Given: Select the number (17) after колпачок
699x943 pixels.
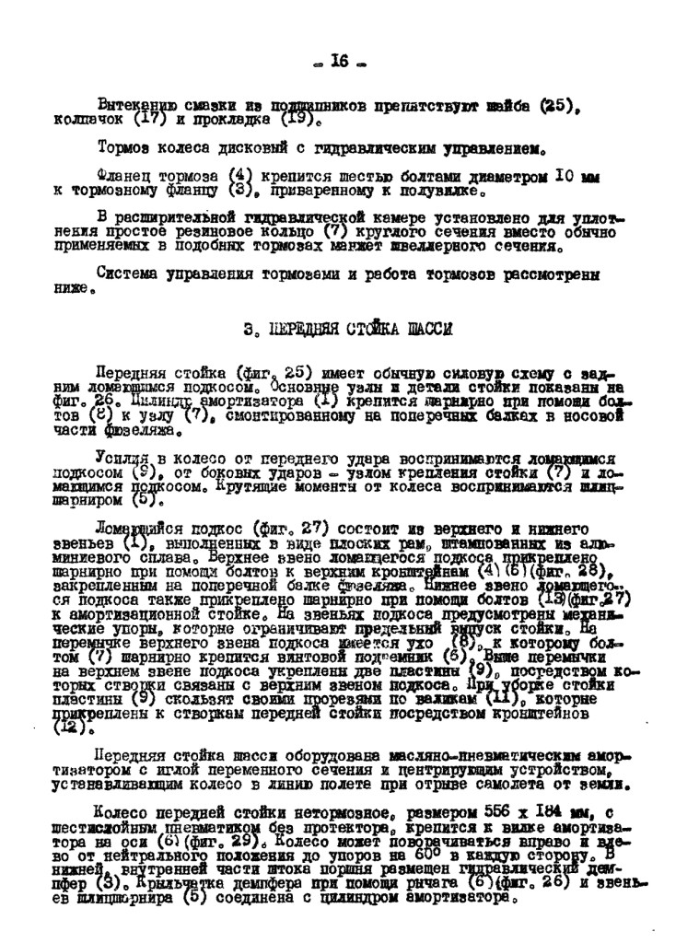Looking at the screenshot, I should [148, 119].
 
